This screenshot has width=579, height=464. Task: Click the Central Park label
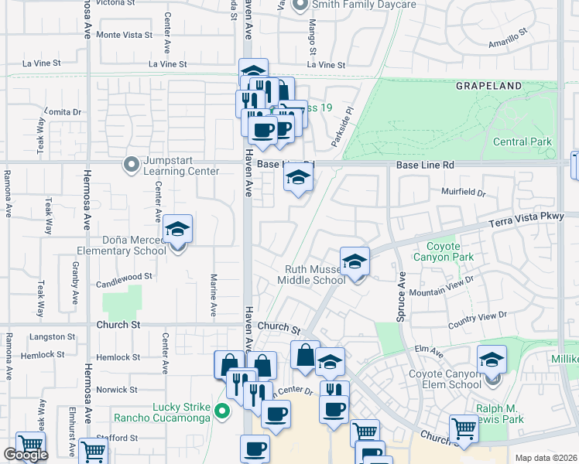click(523, 142)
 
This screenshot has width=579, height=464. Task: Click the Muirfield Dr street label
click(464, 193)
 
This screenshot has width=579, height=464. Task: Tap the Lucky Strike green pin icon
click(223, 411)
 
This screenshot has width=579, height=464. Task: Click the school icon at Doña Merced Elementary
click(177, 230)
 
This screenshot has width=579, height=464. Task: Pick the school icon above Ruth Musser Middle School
click(355, 261)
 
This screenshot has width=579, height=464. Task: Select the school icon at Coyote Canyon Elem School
click(492, 359)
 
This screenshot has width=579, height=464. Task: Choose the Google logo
click(26, 455)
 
